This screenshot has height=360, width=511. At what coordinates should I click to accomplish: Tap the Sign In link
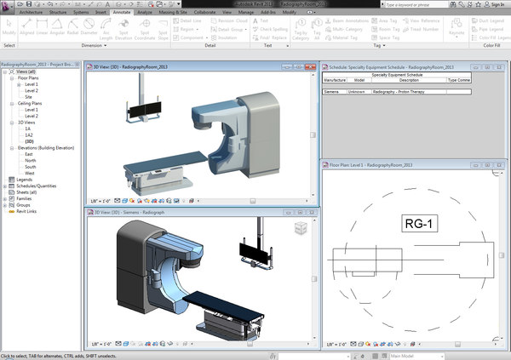pyautogui.click(x=497, y=4)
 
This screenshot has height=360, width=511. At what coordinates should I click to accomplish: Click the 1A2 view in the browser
pyautogui.click(x=29, y=135)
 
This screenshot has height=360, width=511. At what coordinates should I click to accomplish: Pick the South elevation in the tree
pyautogui.click(x=31, y=167)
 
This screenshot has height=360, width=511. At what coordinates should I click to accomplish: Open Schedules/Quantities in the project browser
pyautogui.click(x=34, y=186)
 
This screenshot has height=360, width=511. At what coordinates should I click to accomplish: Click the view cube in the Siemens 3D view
pyautogui.click(x=300, y=226)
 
